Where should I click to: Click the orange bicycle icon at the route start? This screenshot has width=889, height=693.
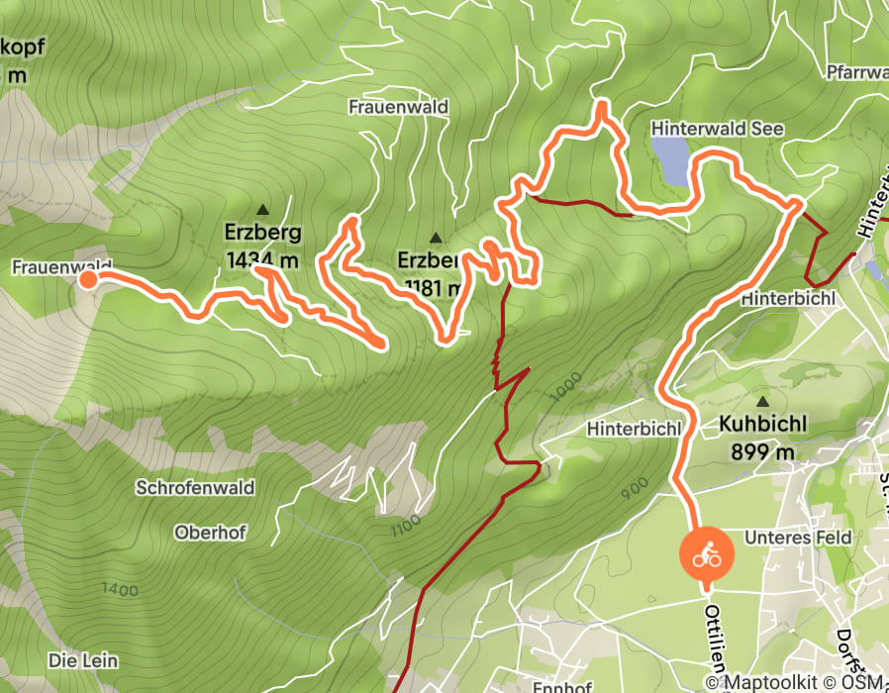[x=706, y=555]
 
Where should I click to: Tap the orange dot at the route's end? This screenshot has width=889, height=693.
[x=87, y=280]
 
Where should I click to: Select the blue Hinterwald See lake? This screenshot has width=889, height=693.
[x=670, y=161]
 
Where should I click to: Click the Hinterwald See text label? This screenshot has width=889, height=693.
[x=717, y=129]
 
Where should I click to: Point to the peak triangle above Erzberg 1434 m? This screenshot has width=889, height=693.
[x=262, y=210]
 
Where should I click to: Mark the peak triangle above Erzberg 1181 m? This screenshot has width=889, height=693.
[x=436, y=238]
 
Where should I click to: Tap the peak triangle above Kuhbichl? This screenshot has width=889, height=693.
[x=763, y=402]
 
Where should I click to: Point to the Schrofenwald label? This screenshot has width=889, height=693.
[x=196, y=488]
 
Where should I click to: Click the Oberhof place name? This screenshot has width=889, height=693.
[x=210, y=532]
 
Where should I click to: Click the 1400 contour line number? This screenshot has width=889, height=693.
[x=119, y=591]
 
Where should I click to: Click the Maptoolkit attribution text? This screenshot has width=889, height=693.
[x=775, y=682]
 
